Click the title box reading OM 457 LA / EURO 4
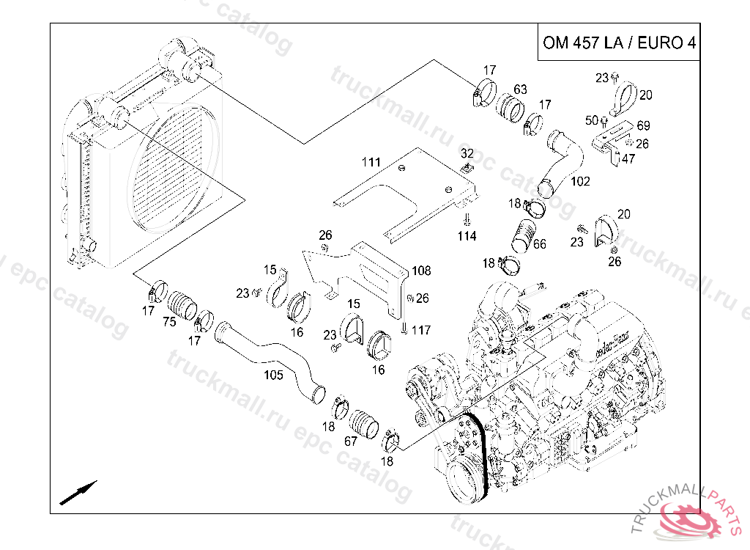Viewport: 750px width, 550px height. click(x=618, y=43)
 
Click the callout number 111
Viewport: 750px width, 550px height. click(x=371, y=162)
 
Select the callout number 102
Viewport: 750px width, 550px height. click(x=579, y=180)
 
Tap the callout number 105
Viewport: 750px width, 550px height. click(x=273, y=375)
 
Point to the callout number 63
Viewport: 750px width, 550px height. click(x=519, y=90)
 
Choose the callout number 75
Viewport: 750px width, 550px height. click(x=169, y=321)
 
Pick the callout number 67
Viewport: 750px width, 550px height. click(x=350, y=441)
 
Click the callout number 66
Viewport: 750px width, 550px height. click(x=538, y=244)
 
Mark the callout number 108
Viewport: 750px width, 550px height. click(x=420, y=270)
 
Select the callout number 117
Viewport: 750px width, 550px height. click(x=420, y=330)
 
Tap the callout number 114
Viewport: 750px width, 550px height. click(x=467, y=236)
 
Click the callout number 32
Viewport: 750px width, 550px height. click(x=467, y=153)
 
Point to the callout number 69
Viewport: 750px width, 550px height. click(x=643, y=126)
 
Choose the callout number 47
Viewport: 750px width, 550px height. click(x=628, y=158)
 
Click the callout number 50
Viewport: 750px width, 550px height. click(x=592, y=120)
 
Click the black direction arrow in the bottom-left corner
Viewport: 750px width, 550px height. click(x=78, y=493)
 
